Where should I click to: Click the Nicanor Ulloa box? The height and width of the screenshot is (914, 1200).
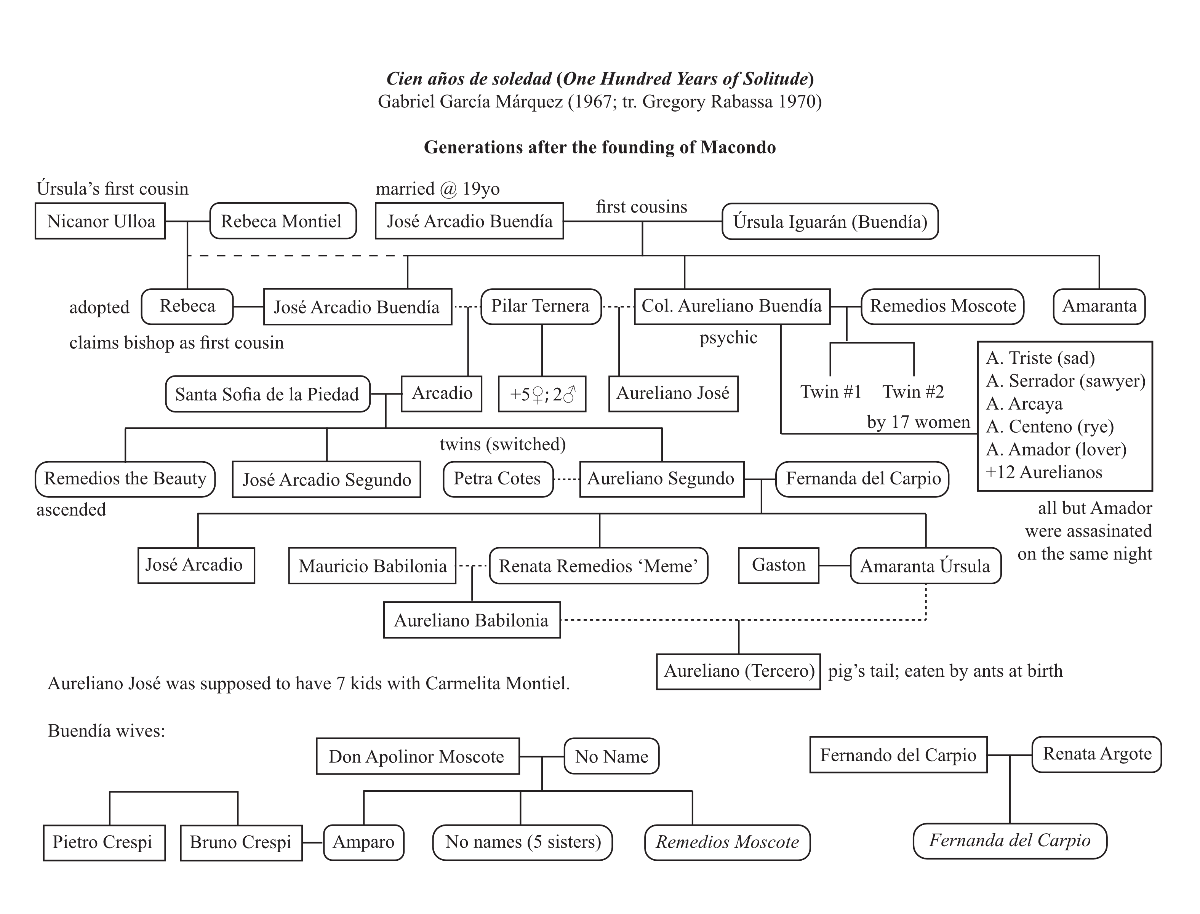tap(100, 221)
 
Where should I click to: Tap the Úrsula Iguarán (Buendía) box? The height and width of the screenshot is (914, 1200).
tap(830, 221)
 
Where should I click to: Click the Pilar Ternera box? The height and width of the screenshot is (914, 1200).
tap(541, 306)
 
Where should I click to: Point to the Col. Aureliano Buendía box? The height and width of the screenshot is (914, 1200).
tap(732, 306)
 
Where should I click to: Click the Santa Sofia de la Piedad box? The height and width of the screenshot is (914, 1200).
tap(267, 394)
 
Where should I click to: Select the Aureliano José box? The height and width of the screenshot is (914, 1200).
tap(673, 393)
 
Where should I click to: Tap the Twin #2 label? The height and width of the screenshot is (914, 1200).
tap(913, 392)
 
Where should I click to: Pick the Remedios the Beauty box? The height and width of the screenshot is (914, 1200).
tap(125, 479)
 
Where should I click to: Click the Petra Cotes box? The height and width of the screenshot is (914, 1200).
tap(498, 479)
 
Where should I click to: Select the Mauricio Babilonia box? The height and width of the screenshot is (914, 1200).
tap(372, 566)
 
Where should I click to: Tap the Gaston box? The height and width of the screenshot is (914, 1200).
tap(778, 565)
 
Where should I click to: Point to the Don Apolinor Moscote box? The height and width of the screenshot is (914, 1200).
tap(418, 756)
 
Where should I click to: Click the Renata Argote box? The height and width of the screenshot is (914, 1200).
tap(1097, 754)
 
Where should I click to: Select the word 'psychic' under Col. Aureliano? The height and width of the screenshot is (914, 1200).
tap(728, 338)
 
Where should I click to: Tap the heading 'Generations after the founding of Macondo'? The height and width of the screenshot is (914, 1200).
tap(600, 147)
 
